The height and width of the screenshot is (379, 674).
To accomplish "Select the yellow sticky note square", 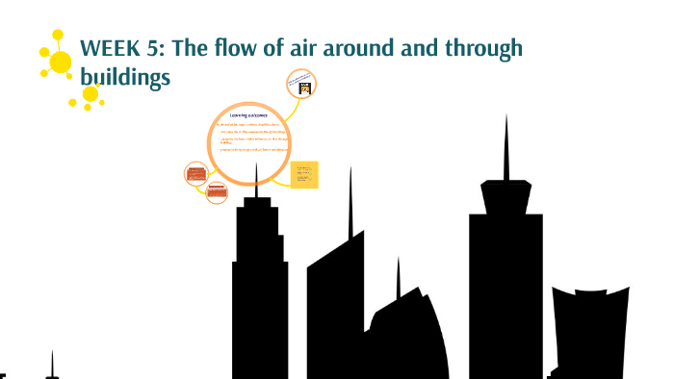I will tap(304, 174).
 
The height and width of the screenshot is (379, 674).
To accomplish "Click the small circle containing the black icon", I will tap(301, 85).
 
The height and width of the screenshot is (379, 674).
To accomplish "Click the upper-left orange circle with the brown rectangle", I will tap(196, 174).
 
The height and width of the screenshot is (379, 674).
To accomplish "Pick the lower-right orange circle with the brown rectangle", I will tap(218, 190).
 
